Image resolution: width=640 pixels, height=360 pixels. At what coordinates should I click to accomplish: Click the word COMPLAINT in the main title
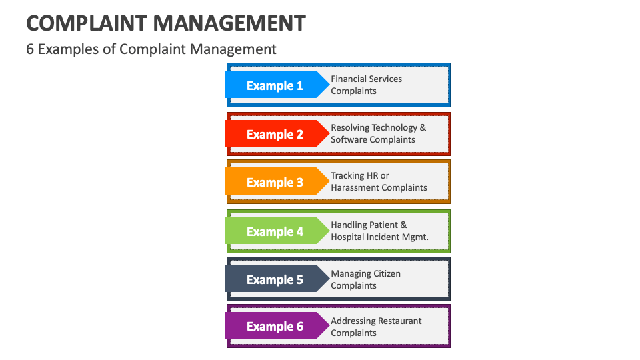(x=86, y=23)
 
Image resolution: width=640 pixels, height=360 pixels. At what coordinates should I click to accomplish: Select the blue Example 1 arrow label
(x=275, y=85)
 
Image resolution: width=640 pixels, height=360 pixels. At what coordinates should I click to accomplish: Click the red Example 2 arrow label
(x=275, y=134)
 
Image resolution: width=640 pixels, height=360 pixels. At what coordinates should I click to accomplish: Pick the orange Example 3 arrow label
(x=275, y=182)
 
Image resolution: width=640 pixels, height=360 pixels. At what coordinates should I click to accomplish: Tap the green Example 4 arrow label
(x=275, y=231)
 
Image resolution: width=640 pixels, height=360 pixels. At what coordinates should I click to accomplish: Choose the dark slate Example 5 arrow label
(x=275, y=279)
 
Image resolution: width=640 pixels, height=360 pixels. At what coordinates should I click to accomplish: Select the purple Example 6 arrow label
(x=275, y=326)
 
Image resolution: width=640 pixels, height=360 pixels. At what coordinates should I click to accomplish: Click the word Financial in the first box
(x=350, y=79)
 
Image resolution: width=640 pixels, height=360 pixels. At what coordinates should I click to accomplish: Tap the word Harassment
(x=357, y=187)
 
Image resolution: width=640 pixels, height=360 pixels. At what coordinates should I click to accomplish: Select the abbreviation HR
(x=373, y=175)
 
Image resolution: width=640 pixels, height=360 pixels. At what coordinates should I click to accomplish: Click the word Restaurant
(x=399, y=321)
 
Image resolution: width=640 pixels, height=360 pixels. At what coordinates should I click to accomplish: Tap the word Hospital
(x=349, y=237)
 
